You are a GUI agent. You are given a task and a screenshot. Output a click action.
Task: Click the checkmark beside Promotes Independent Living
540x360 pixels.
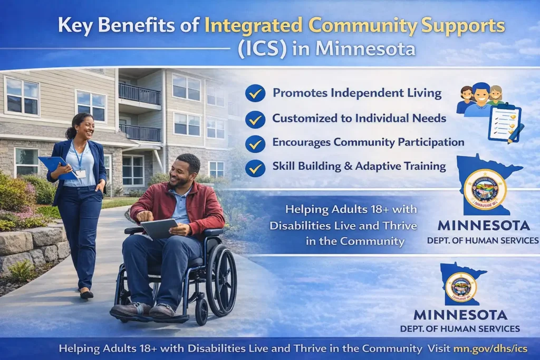click(x=255, y=93)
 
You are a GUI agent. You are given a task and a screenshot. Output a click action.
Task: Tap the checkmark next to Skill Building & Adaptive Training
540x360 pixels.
click(x=255, y=167)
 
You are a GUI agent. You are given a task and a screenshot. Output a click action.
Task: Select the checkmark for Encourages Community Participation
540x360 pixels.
click(x=255, y=142)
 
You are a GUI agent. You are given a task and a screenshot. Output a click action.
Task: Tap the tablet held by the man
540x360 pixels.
click(x=159, y=228)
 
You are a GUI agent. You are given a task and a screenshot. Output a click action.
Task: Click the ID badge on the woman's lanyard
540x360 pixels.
click(x=80, y=173)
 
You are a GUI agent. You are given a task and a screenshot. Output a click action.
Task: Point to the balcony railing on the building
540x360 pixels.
click(x=139, y=94)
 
